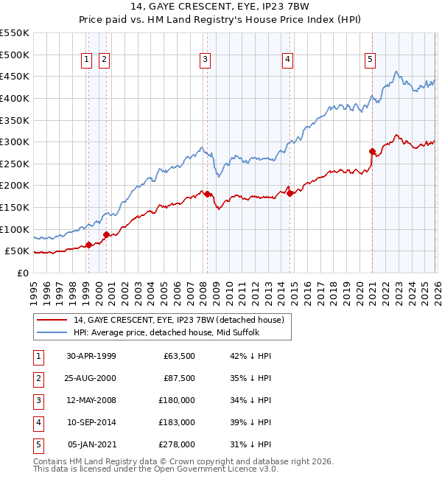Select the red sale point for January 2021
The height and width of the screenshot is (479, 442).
tap(372, 152)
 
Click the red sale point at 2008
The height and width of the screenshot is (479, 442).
tap(207, 194)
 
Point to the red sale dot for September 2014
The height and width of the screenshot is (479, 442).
tap(290, 193)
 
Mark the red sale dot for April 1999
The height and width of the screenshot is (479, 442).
tap(89, 245)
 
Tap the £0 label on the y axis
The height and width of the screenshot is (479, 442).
tap(23, 273)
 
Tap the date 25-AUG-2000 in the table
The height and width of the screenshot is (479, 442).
tap(91, 378)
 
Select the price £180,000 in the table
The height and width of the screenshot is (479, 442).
tap(178, 400)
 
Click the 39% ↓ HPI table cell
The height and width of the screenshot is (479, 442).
tap(250, 422)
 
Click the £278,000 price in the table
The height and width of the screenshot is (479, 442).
tap(178, 444)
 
